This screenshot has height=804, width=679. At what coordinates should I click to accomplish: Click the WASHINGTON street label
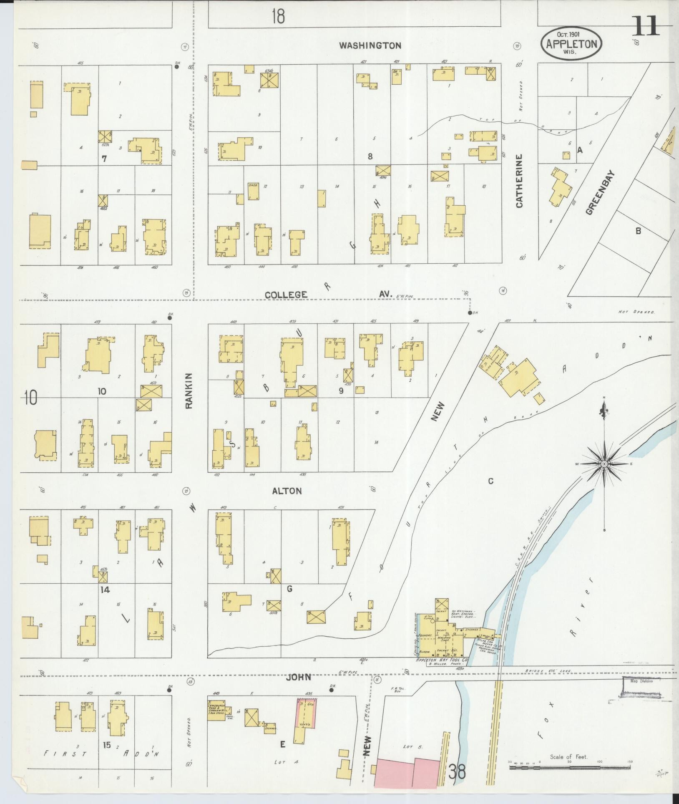click(x=370, y=45)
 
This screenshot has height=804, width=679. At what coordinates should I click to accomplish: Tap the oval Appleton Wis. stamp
click(x=571, y=44)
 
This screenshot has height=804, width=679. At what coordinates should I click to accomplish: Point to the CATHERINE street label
click(x=519, y=181)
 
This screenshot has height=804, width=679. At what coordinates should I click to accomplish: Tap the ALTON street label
click(x=287, y=491)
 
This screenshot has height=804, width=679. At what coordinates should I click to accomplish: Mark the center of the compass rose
click(x=604, y=464)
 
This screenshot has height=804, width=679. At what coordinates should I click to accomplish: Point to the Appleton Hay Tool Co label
click(x=442, y=660)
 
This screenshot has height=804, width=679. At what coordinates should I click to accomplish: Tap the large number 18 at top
click(x=278, y=17)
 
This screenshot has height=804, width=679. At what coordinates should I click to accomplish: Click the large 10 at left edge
click(x=30, y=398)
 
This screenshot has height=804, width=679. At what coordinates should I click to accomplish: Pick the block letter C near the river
click(x=491, y=481)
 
